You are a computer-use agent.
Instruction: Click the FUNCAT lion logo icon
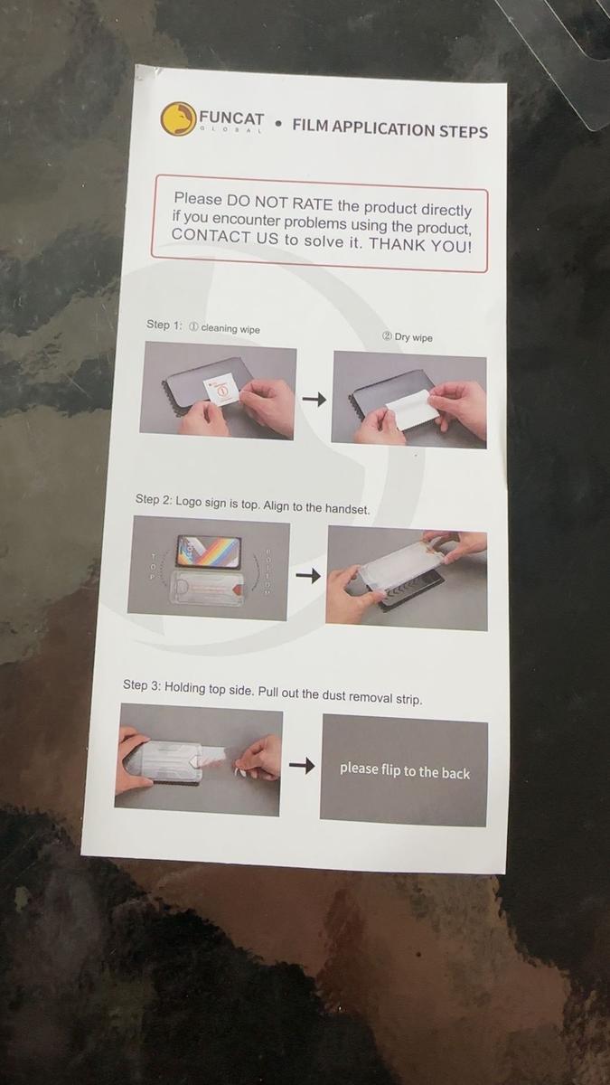[177, 118]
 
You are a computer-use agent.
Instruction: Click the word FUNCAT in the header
[231, 118]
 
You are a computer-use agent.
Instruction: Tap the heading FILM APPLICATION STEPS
[389, 128]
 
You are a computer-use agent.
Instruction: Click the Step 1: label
[164, 325]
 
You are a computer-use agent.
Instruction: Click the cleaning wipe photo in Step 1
[218, 392]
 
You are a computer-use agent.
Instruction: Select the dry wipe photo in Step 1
[409, 401]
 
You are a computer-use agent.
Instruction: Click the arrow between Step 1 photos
[314, 399]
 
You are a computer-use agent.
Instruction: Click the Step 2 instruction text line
[252, 504]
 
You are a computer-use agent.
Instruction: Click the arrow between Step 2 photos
[308, 575]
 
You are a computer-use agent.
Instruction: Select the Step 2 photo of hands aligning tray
[406, 579]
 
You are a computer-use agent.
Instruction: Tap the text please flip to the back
[404, 770]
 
